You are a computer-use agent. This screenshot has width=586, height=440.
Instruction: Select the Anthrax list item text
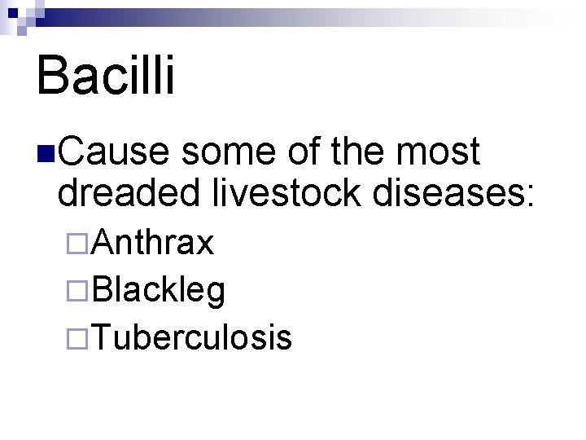coord(154,242)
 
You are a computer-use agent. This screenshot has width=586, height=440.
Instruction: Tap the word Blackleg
coord(160,289)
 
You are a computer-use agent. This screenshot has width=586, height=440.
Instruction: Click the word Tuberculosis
coord(192,336)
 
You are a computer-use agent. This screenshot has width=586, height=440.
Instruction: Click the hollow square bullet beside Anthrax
coord(78,243)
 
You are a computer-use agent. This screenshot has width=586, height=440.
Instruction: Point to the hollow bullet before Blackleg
coord(78,289)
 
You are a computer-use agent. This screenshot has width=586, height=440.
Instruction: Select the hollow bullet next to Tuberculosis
coord(78,337)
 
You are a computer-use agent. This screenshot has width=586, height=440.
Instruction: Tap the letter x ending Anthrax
coord(205,244)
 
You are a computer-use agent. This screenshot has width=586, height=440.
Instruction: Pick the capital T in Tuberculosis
coord(103,336)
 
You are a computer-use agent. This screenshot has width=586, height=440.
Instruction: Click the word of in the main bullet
coord(315,153)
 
